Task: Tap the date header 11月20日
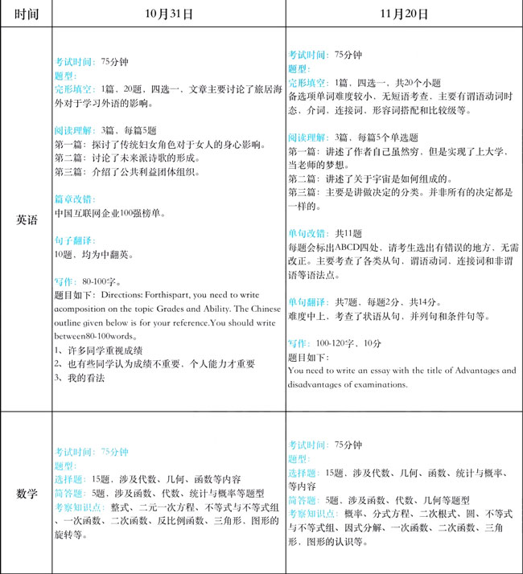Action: [x=403, y=14]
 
